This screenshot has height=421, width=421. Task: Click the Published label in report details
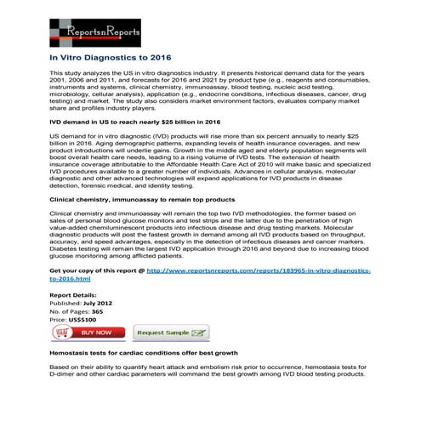point(65,301)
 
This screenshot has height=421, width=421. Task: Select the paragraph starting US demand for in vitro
point(213,159)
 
